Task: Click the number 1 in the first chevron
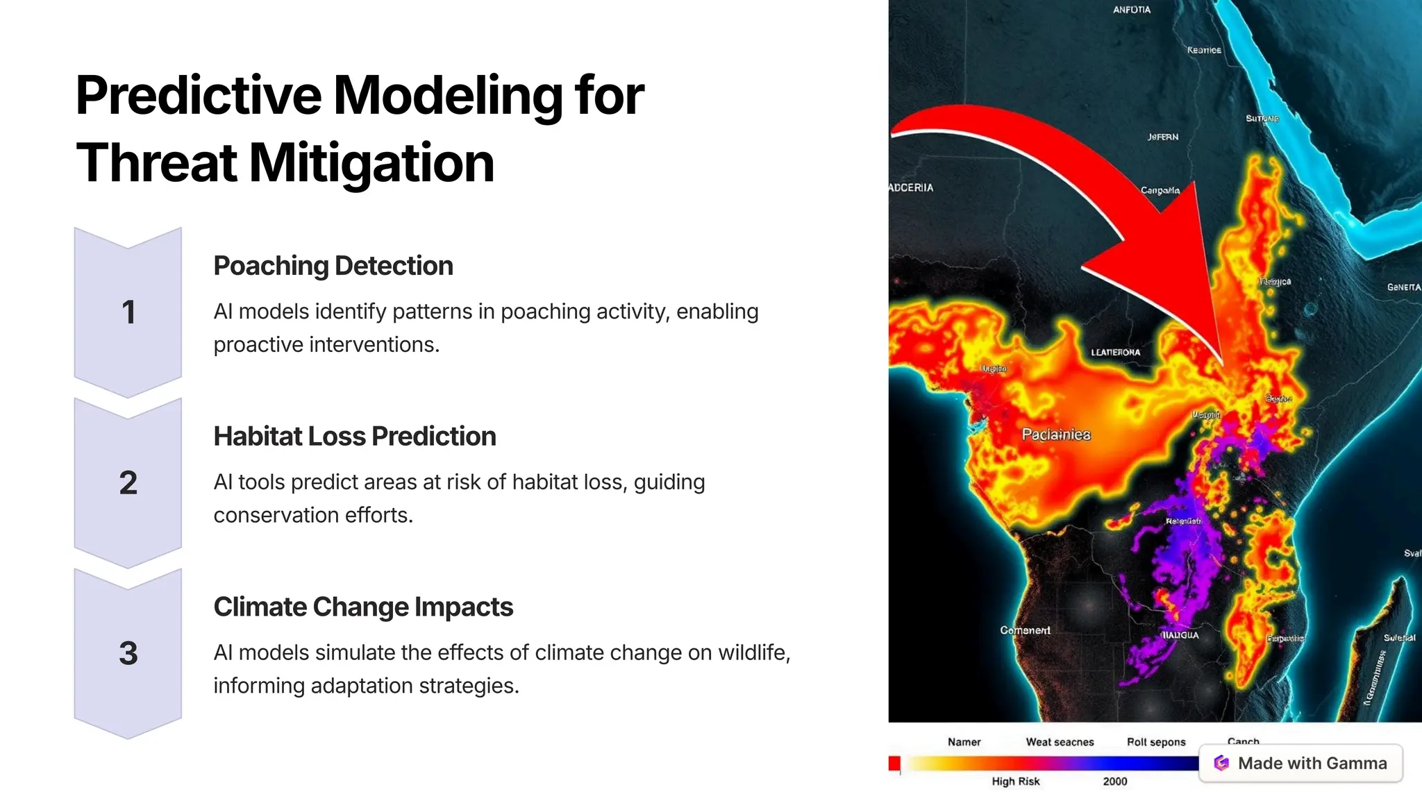click(x=128, y=312)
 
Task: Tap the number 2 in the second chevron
click(x=128, y=482)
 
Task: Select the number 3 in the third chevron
click(x=128, y=653)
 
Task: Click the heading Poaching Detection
click(x=333, y=266)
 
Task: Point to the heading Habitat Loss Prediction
click(x=355, y=437)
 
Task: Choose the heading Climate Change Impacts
click(x=363, y=607)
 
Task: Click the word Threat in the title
click(x=157, y=164)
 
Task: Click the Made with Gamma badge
click(x=1300, y=764)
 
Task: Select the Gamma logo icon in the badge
click(x=1221, y=764)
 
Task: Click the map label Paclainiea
click(x=1056, y=435)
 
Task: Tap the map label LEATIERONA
click(x=1115, y=353)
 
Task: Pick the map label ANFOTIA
click(x=1132, y=10)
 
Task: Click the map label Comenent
click(x=1025, y=630)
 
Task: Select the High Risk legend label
click(x=1016, y=782)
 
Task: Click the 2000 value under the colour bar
click(x=1115, y=782)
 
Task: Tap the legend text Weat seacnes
click(x=1060, y=742)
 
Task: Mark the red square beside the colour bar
click(x=894, y=764)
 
